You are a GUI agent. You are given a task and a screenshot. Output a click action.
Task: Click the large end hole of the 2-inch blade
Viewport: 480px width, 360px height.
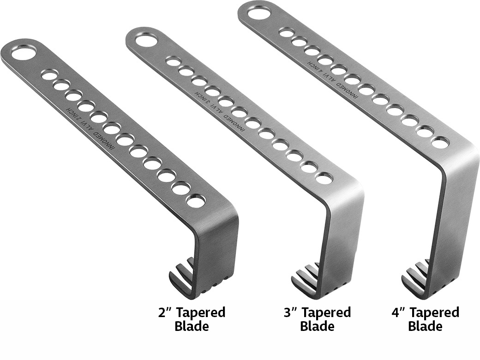click(x=24, y=54)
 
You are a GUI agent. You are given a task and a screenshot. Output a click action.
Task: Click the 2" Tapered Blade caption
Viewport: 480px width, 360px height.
click(x=192, y=319)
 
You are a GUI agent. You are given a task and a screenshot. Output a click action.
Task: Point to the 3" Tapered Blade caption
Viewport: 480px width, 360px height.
click(x=317, y=319)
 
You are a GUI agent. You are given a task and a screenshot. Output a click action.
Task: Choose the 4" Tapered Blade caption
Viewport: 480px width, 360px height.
click(x=426, y=319)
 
